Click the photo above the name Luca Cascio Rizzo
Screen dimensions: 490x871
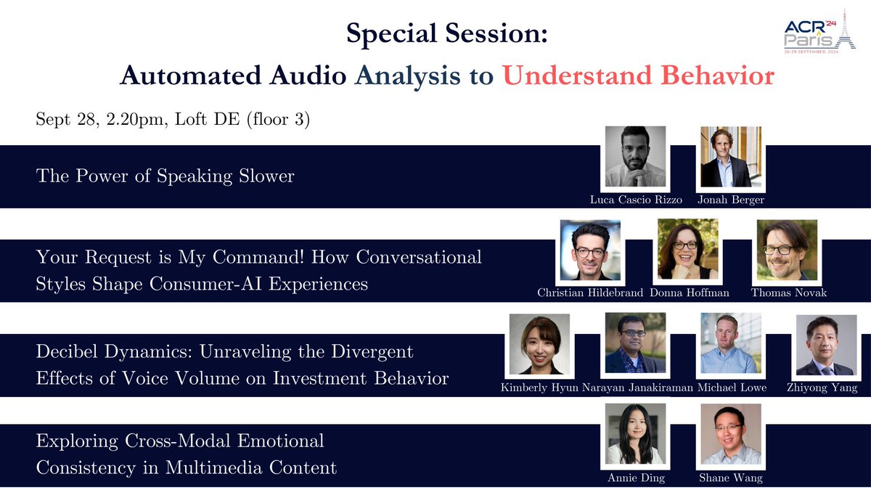tap(635, 157)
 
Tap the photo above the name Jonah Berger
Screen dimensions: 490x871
tap(730, 157)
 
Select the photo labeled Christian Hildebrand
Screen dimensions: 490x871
tap(590, 250)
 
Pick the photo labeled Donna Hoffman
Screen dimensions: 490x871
tap(687, 250)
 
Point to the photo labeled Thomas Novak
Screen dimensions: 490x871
tap(787, 250)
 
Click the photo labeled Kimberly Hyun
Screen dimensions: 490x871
tap(540, 344)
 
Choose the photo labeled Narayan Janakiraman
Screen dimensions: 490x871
tap(635, 344)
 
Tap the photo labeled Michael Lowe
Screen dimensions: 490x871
tap(730, 344)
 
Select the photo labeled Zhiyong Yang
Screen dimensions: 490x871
tap(826, 344)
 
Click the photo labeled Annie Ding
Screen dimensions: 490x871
tap(635, 434)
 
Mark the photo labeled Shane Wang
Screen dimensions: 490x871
tap(730, 434)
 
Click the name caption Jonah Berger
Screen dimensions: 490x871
tap(730, 199)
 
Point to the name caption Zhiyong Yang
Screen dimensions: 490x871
tap(826, 388)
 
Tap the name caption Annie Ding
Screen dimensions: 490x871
tap(635, 478)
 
